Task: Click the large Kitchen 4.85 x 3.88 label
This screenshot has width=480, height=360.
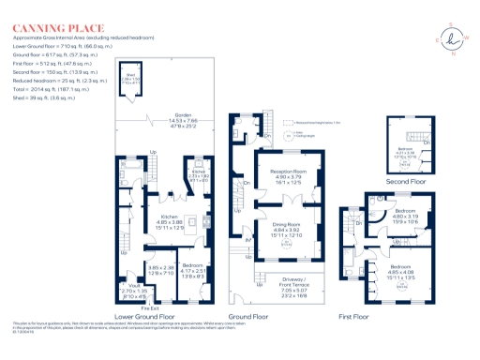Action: click(x=157, y=221)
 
